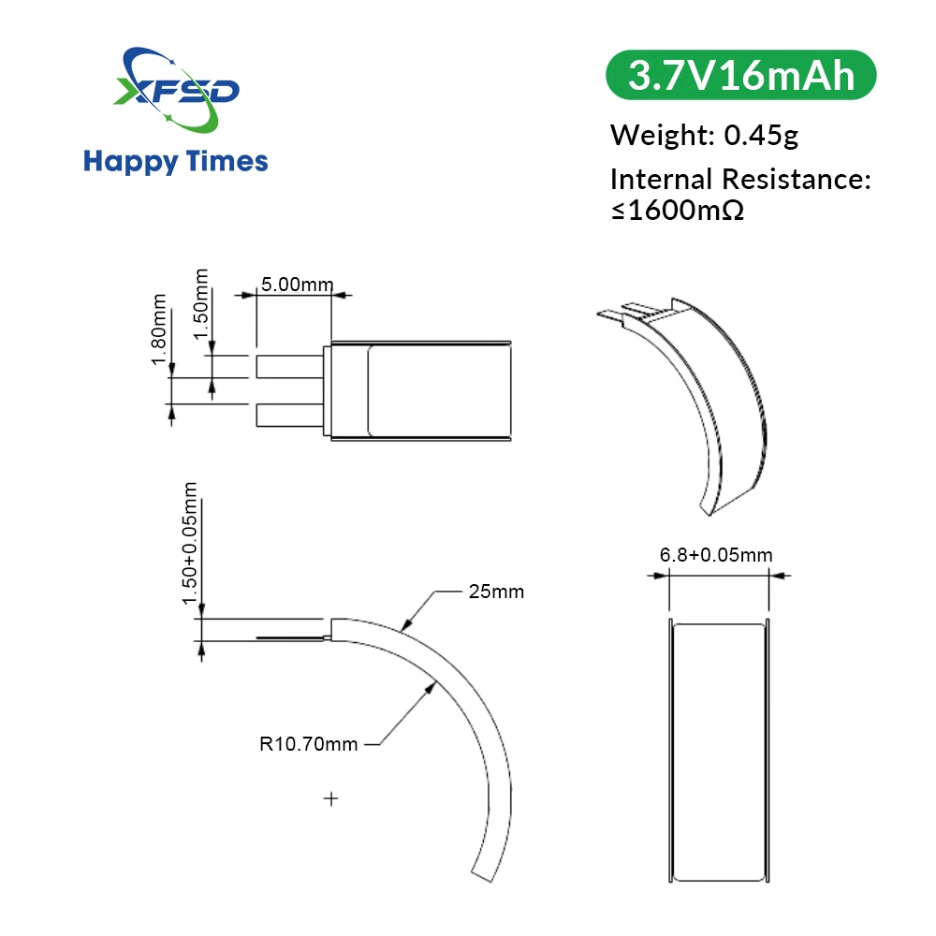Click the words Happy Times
tap(176, 161)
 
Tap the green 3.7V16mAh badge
tap(741, 76)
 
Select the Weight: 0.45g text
tap(704, 135)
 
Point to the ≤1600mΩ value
tap(678, 210)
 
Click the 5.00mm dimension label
tap(294, 284)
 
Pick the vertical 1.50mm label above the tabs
tap(199, 307)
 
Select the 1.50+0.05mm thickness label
tap(191, 543)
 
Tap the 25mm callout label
tap(495, 592)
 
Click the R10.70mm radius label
tap(309, 745)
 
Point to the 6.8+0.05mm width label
tap(716, 555)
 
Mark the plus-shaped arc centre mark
tap(329, 798)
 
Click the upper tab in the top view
tap(289, 366)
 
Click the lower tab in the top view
tap(289, 413)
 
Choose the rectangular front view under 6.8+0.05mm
tap(719, 752)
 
